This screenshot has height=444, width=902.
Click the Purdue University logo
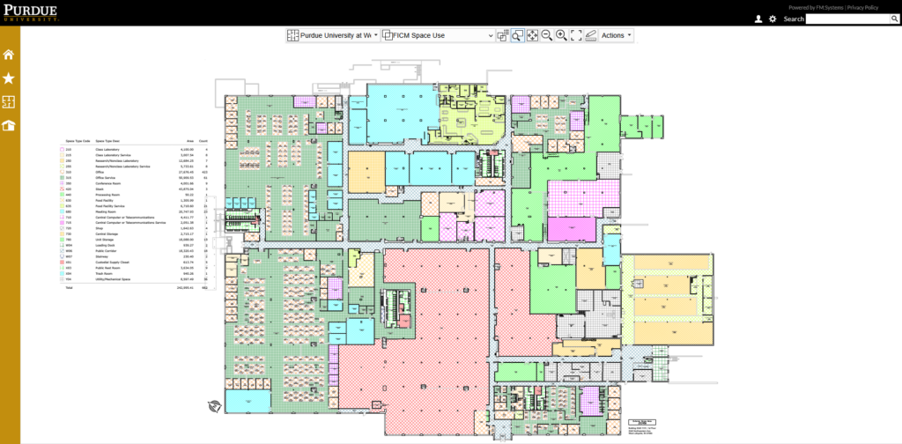click(x=31, y=11)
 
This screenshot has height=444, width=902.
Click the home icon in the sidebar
click(x=9, y=55)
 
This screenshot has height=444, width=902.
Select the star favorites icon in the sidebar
click(x=9, y=78)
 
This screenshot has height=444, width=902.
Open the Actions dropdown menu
click(x=616, y=35)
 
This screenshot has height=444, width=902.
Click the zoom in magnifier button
click(x=561, y=35)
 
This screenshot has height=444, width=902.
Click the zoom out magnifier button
click(x=546, y=35)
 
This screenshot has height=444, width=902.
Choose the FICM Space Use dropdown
click(x=441, y=35)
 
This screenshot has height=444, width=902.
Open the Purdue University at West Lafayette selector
click(x=334, y=35)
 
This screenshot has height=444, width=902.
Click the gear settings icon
click(x=773, y=18)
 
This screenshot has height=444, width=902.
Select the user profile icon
click(x=758, y=18)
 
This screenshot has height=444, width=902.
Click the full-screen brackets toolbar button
click(x=576, y=35)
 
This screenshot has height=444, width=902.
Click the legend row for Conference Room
click(x=111, y=183)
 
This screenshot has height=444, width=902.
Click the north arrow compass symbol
click(x=213, y=406)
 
